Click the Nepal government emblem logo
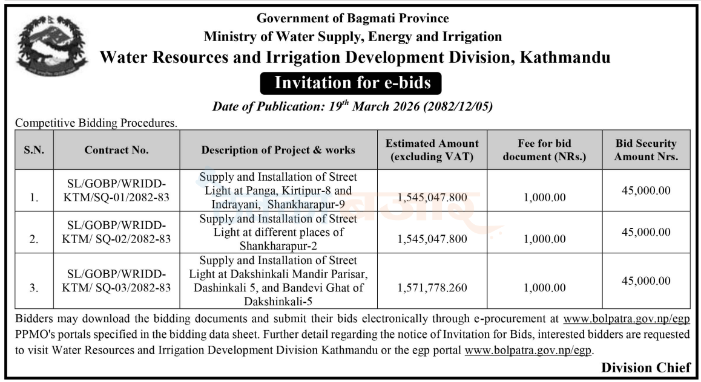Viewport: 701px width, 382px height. [x=51, y=45]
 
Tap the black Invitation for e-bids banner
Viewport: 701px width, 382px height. [x=351, y=83]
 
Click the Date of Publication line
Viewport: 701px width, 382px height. [x=352, y=106]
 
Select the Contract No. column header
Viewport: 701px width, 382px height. [x=117, y=150]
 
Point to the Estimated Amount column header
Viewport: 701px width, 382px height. [x=432, y=150]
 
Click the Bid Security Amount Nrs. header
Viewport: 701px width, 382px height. [x=646, y=150]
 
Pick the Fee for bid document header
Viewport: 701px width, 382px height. [x=545, y=150]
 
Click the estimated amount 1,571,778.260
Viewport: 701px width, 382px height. [x=432, y=288]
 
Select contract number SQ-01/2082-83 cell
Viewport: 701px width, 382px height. [x=117, y=190]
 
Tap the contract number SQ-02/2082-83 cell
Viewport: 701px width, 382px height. [x=117, y=232]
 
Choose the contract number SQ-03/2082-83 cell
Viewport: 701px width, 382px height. [x=117, y=280]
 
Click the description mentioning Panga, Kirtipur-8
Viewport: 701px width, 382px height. [x=278, y=190]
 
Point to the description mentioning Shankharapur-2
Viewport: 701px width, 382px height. [x=278, y=232]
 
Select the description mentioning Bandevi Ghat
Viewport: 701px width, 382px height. [x=278, y=280]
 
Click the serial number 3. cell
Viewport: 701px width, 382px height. [x=34, y=288]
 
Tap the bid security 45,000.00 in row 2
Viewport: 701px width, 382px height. [x=646, y=232]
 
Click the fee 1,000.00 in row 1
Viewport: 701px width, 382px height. [x=545, y=197]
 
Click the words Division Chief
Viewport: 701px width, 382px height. [x=646, y=367]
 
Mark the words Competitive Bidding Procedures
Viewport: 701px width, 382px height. [x=96, y=123]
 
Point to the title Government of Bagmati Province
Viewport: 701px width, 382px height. [x=352, y=18]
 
